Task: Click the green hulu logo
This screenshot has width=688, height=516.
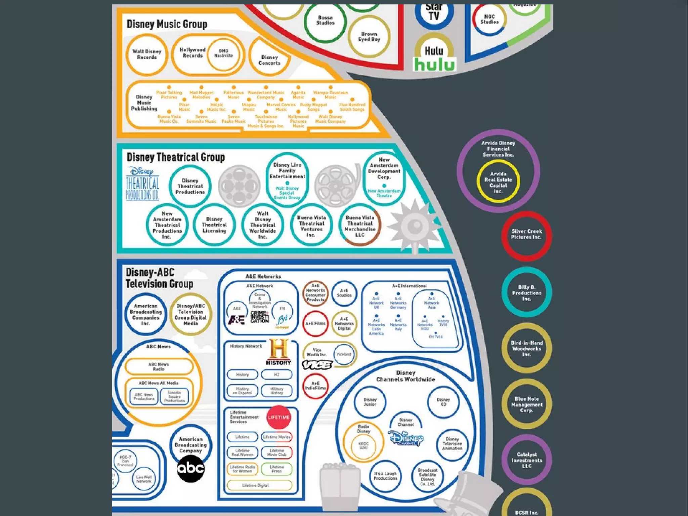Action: coord(434,64)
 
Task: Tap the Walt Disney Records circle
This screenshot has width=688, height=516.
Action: coord(147,54)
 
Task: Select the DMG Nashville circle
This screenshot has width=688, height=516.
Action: coord(223,53)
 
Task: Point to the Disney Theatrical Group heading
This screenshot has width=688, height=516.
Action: coord(176,157)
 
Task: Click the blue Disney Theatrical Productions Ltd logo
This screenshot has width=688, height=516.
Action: coord(142,184)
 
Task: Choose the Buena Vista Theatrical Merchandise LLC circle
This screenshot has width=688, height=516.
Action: coord(360,225)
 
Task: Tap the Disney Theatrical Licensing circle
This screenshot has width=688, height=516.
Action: coord(214,225)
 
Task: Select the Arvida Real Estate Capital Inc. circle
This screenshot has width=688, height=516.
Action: coord(498,182)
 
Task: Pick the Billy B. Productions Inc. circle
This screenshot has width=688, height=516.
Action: coord(526,292)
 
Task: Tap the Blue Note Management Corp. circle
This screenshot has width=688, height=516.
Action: coord(526,404)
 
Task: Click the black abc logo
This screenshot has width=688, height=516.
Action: coord(191,468)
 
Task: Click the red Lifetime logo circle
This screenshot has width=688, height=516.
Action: coord(278,418)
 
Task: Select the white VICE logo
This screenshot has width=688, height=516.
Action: coord(317,365)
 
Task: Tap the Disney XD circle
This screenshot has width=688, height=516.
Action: coord(443,402)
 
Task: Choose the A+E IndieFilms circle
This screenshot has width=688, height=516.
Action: coord(315,386)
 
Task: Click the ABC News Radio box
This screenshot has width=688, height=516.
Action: coord(159,366)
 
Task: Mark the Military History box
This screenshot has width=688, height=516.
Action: coord(276,391)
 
